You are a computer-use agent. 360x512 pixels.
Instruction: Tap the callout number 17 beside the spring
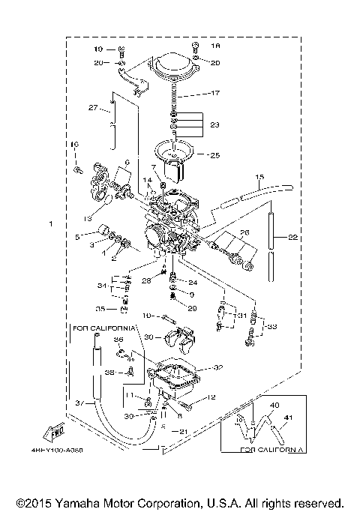pyautogui.click(x=215, y=94)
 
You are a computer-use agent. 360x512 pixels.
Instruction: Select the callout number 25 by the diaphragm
pyautogui.click(x=214, y=156)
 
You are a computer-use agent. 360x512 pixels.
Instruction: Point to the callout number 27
pyautogui.click(x=93, y=107)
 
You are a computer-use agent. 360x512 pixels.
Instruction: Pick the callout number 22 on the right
pyautogui.click(x=293, y=238)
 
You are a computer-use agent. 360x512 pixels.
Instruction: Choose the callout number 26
pyautogui.click(x=244, y=232)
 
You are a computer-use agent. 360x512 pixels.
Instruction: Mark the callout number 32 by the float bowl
pyautogui.click(x=219, y=367)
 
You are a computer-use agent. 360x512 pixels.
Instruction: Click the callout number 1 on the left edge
pyautogui.click(x=50, y=224)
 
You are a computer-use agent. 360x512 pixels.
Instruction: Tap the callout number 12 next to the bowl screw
pyautogui.click(x=212, y=397)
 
